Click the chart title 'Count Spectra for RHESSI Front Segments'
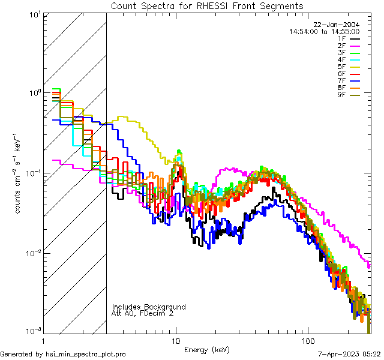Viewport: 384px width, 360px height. (x=207, y=6)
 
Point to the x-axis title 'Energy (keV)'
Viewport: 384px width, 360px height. (x=207, y=349)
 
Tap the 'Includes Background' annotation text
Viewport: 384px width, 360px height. (x=149, y=307)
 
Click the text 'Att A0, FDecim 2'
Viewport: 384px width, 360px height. (x=143, y=313)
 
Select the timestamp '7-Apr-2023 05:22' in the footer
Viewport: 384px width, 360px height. (x=347, y=355)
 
